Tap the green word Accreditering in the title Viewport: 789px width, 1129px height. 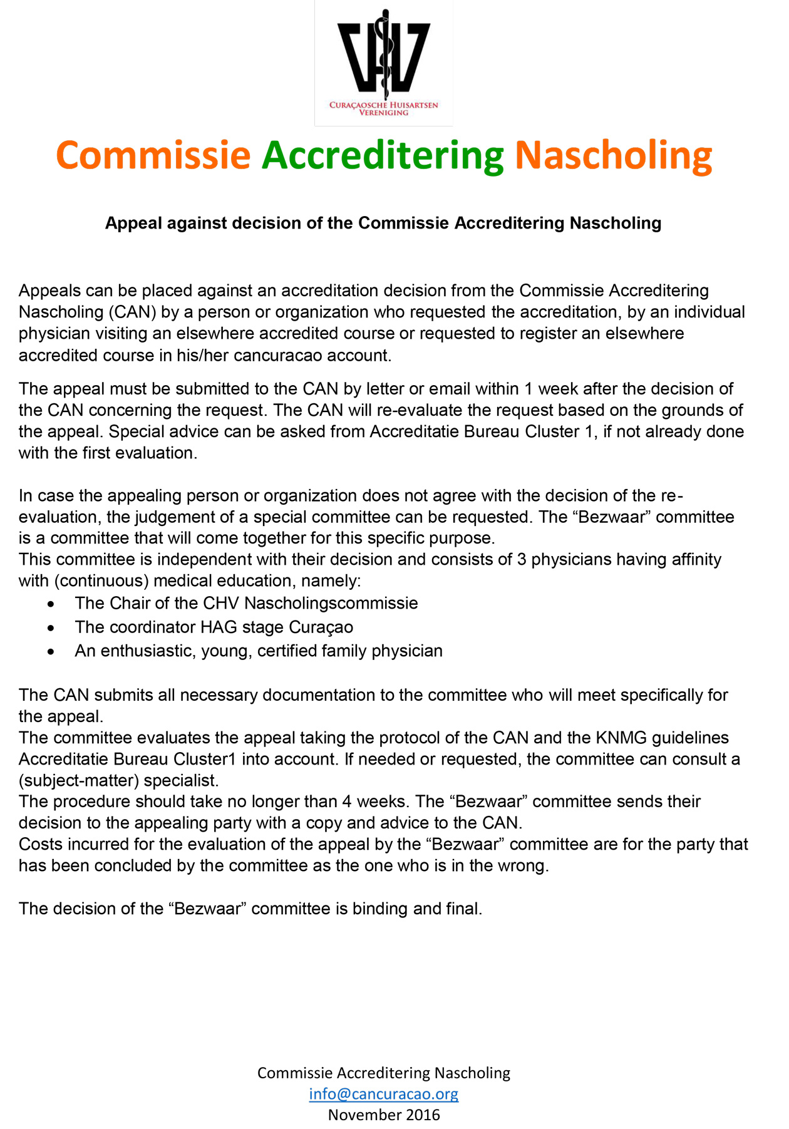(x=383, y=156)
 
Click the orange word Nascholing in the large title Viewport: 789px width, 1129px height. (x=613, y=156)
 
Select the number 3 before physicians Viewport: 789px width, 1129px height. (x=521, y=559)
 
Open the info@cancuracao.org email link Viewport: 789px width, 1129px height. (x=383, y=1093)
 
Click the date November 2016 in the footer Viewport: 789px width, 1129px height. (x=383, y=1115)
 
